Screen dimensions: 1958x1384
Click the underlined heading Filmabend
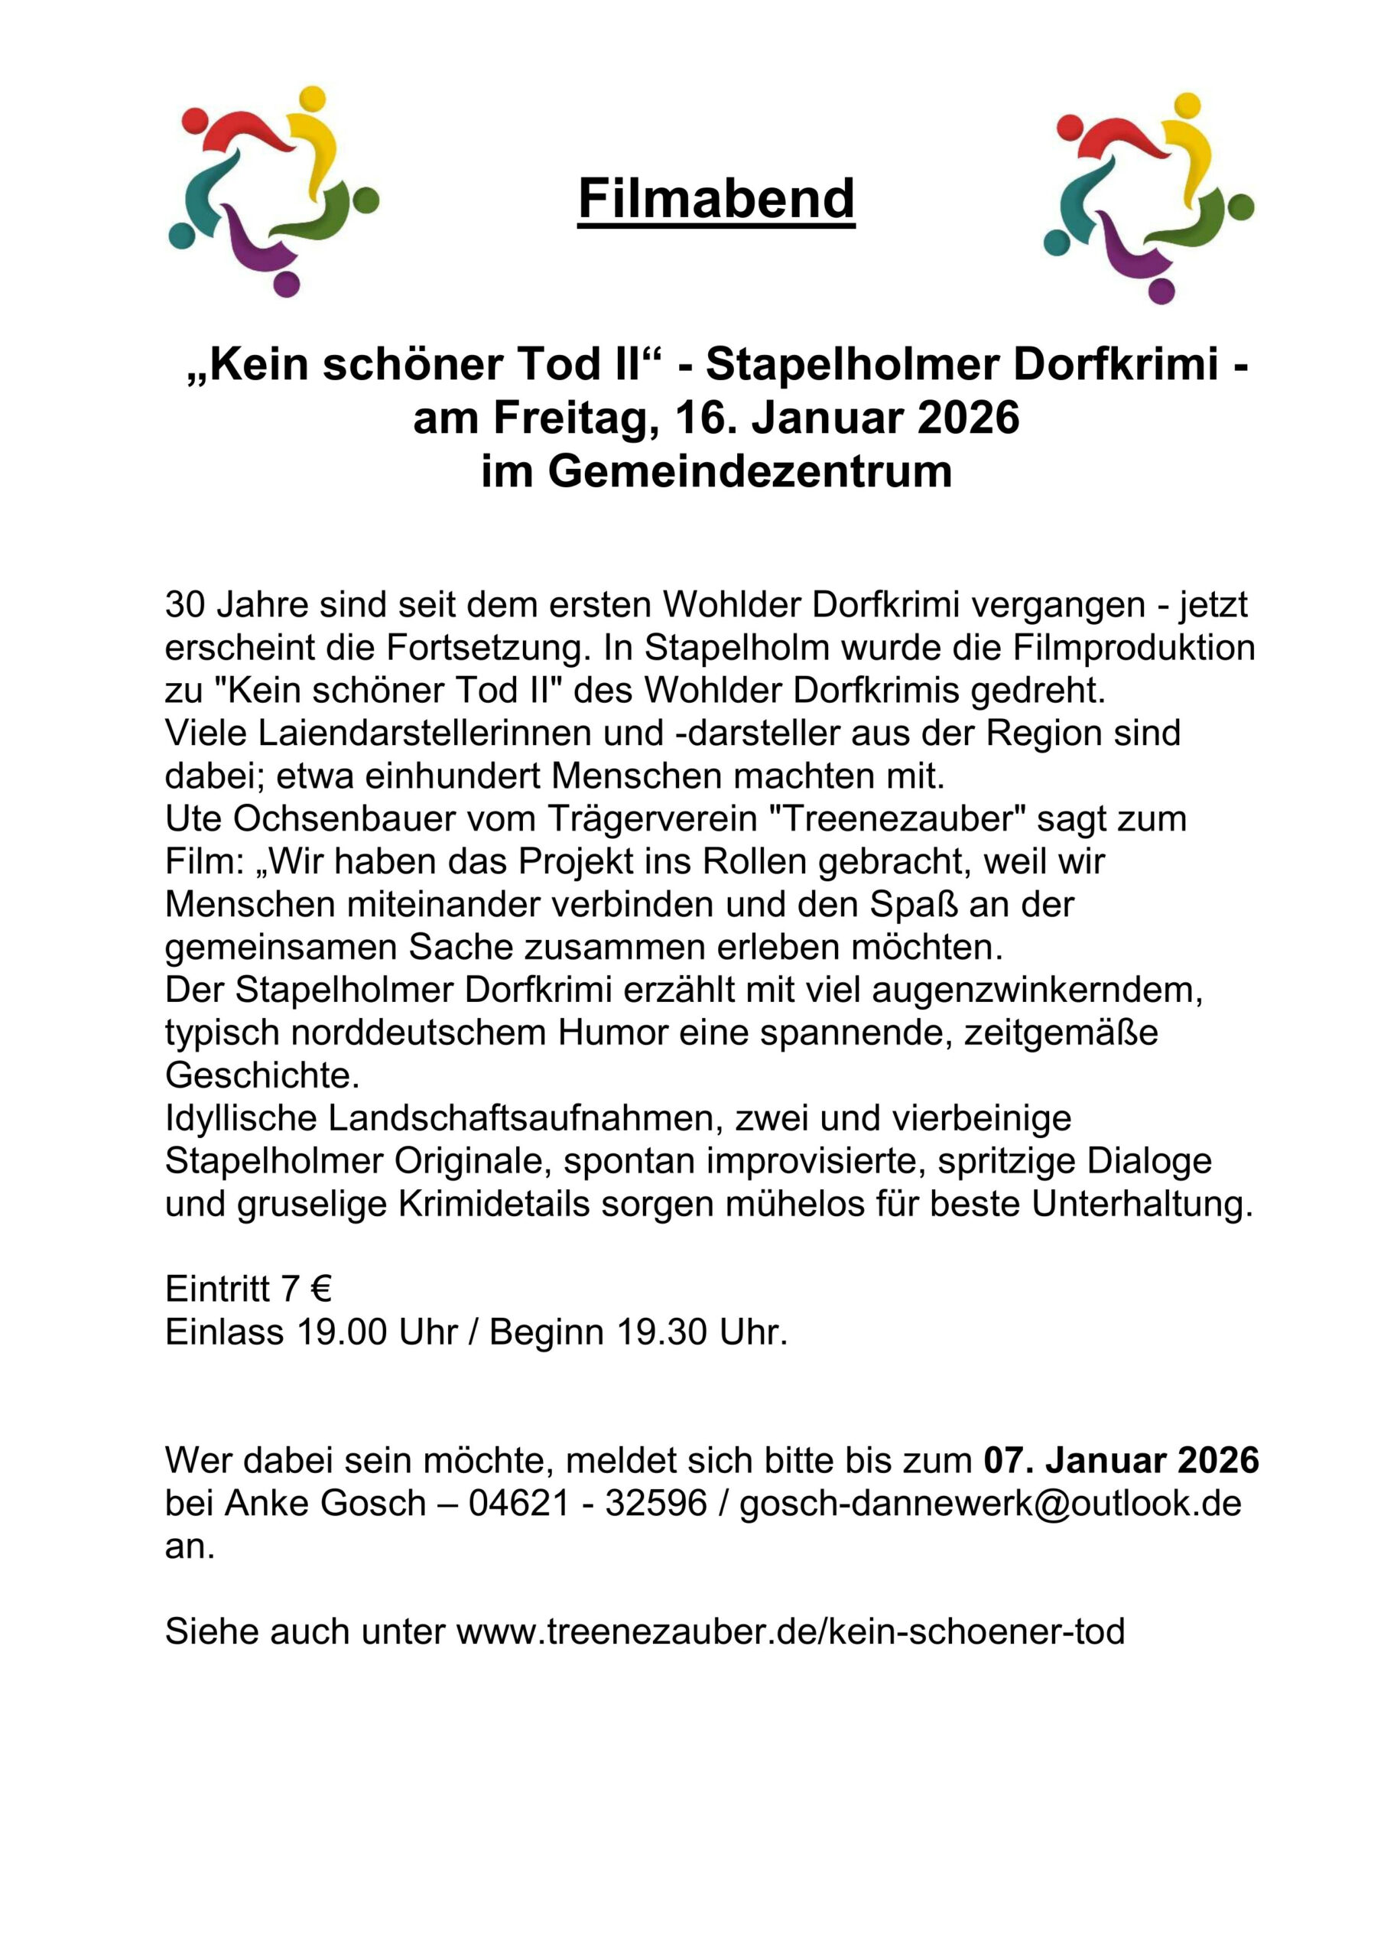(x=716, y=200)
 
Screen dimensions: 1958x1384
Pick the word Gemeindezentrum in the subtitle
(x=749, y=472)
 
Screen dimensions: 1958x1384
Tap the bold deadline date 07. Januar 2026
(x=1120, y=1460)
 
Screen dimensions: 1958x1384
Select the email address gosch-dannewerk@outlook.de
(x=990, y=1503)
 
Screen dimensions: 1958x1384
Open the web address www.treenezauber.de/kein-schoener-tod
(x=791, y=1631)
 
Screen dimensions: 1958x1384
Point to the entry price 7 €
(x=307, y=1289)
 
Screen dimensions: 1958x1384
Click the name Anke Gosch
(x=325, y=1503)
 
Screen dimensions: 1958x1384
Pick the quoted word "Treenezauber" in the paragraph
(x=897, y=818)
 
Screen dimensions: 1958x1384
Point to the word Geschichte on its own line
(x=262, y=1075)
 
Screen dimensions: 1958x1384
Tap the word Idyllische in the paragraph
(x=242, y=1118)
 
